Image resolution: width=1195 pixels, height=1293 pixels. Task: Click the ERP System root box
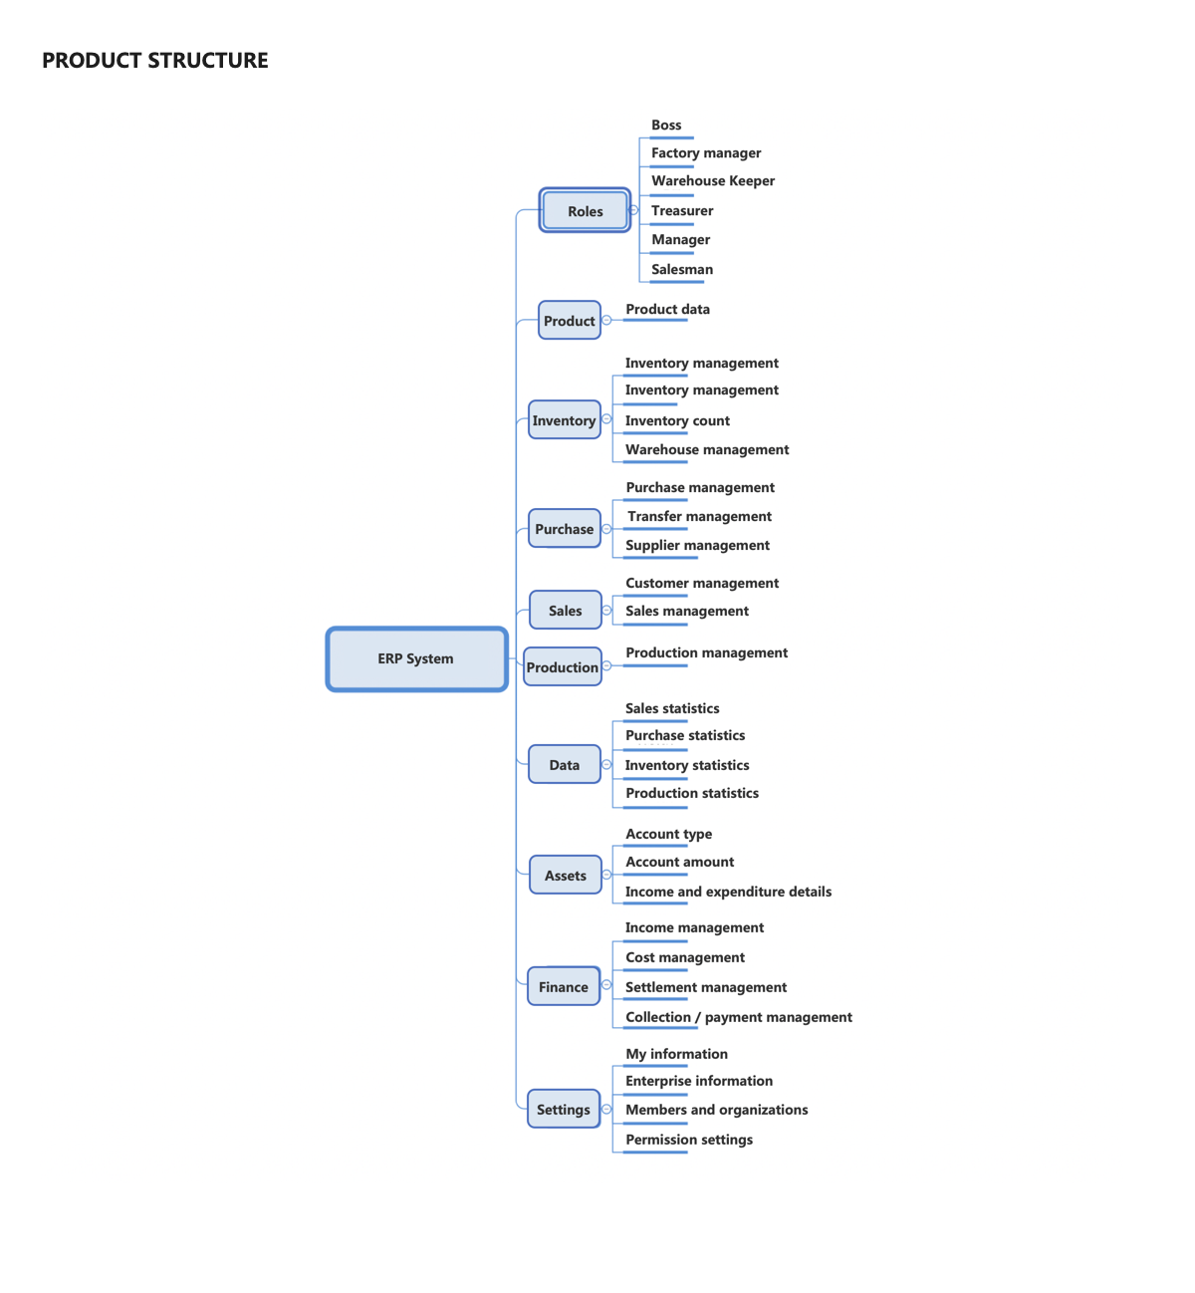click(x=416, y=658)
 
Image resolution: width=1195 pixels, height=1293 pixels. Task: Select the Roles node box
click(x=584, y=210)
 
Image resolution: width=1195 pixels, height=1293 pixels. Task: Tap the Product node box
click(x=569, y=320)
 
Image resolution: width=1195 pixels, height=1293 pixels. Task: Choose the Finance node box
click(x=563, y=986)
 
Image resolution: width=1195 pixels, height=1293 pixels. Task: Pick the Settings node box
click(x=563, y=1108)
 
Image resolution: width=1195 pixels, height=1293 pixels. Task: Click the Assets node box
click(x=565, y=875)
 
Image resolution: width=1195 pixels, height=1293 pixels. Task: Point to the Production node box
click(x=562, y=666)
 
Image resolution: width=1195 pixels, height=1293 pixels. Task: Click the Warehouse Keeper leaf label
click(x=713, y=180)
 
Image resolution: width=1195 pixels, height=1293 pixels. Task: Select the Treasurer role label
click(x=681, y=210)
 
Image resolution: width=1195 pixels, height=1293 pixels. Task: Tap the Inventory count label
click(x=677, y=420)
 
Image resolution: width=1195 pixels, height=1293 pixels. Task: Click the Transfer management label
click(x=699, y=516)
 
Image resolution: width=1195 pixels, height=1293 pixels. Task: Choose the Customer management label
click(x=702, y=583)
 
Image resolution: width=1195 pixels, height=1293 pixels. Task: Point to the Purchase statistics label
click(x=685, y=735)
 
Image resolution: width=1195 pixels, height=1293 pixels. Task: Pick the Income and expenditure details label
click(x=728, y=892)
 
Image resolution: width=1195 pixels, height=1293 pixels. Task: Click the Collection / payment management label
click(x=738, y=1016)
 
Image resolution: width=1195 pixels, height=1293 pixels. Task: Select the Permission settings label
click(x=689, y=1140)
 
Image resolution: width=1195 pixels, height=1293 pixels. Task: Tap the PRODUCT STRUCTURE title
click(x=155, y=60)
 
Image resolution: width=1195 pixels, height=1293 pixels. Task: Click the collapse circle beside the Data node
click(x=605, y=764)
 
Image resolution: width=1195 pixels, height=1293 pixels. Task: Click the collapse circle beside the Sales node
click(x=606, y=610)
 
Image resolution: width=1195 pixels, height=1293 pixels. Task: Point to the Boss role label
click(x=666, y=125)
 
